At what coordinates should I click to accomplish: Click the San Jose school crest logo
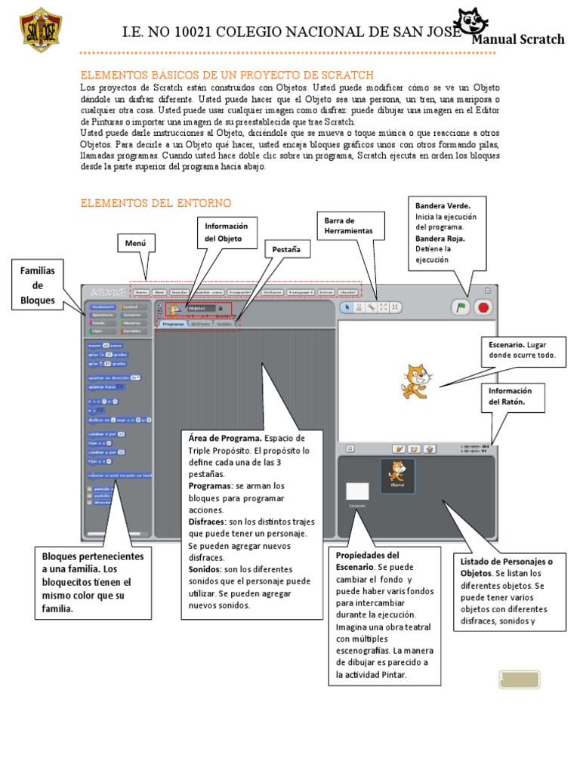point(40,30)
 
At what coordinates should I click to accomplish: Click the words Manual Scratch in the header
point(518,39)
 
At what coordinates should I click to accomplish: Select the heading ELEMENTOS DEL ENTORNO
point(156,203)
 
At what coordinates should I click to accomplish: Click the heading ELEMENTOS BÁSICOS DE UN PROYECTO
point(227,75)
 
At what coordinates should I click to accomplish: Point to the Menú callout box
point(135,243)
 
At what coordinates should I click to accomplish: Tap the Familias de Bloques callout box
point(38,285)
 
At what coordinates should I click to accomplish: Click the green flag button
point(459,307)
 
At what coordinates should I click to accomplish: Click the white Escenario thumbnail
point(357,491)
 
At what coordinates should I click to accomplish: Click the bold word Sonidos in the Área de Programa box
point(205,568)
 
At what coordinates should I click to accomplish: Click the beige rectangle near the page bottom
point(519,679)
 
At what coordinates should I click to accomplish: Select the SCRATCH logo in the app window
point(105,291)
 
